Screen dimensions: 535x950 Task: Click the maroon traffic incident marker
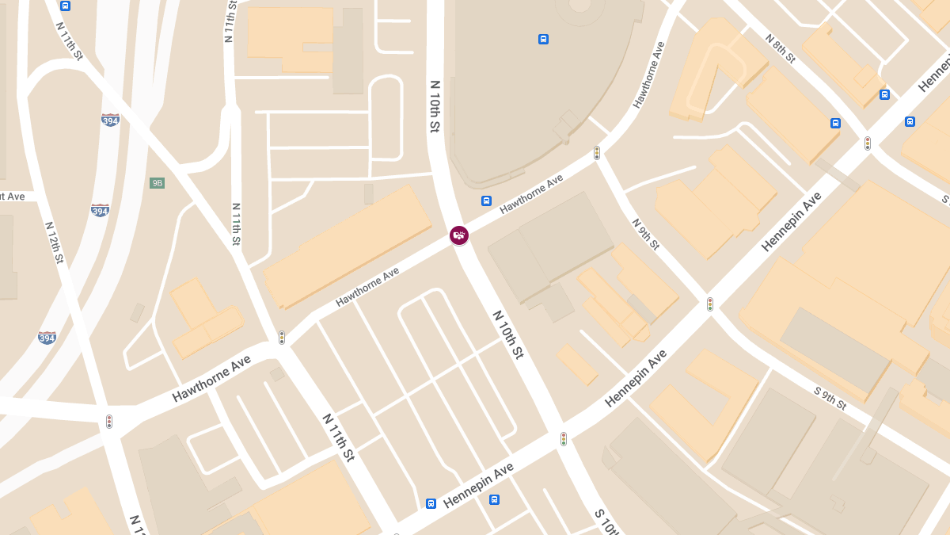tap(459, 235)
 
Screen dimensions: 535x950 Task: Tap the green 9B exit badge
tap(157, 183)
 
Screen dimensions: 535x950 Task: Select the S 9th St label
tap(830, 398)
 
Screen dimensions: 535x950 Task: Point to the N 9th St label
tap(645, 234)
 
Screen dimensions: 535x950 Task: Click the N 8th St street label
tap(780, 48)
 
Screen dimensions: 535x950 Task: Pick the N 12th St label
tap(55, 243)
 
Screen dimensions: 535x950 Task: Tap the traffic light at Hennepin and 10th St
tap(564, 438)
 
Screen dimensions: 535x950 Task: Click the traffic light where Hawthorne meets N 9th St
tap(597, 153)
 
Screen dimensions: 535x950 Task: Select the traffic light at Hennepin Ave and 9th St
tap(710, 304)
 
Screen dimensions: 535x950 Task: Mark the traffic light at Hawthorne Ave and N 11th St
tap(281, 337)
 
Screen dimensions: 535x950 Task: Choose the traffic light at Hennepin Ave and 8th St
tap(868, 143)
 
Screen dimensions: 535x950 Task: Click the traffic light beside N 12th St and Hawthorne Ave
tap(109, 422)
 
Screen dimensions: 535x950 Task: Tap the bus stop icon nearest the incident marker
tap(486, 201)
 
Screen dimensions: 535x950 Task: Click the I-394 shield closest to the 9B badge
tap(100, 210)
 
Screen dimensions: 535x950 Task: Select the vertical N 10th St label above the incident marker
tap(435, 105)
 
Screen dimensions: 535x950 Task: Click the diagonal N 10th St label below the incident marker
tap(508, 334)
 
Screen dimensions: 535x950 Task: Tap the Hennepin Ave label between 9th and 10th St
tap(636, 381)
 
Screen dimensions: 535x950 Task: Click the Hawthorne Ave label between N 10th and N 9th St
tap(531, 194)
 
